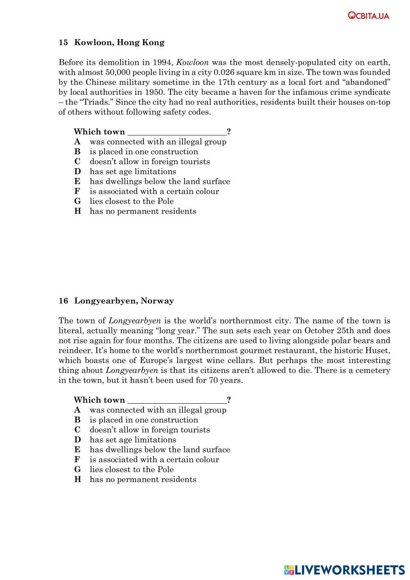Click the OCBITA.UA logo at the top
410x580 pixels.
369,16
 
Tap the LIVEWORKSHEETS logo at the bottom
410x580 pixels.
344,570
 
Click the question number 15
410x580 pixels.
63,43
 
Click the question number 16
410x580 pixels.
63,301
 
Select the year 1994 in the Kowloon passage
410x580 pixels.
163,63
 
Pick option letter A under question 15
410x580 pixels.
77,142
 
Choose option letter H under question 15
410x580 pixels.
77,211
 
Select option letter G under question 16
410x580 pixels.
77,470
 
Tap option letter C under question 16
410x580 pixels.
77,430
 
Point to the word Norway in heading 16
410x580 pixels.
157,301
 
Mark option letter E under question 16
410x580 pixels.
77,450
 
